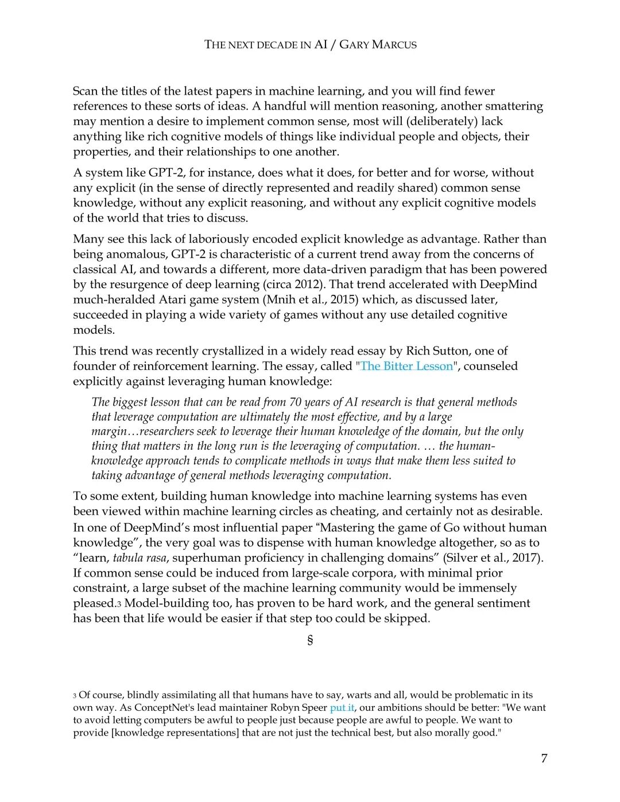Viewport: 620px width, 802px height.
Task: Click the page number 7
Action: (544, 758)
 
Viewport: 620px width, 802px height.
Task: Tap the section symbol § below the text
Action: (310, 640)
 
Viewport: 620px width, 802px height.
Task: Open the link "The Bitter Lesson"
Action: (406, 366)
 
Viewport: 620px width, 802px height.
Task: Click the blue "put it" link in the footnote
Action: (342, 708)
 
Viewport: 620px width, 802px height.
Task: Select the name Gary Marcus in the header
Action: (378, 45)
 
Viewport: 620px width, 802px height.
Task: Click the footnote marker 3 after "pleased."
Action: (119, 604)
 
